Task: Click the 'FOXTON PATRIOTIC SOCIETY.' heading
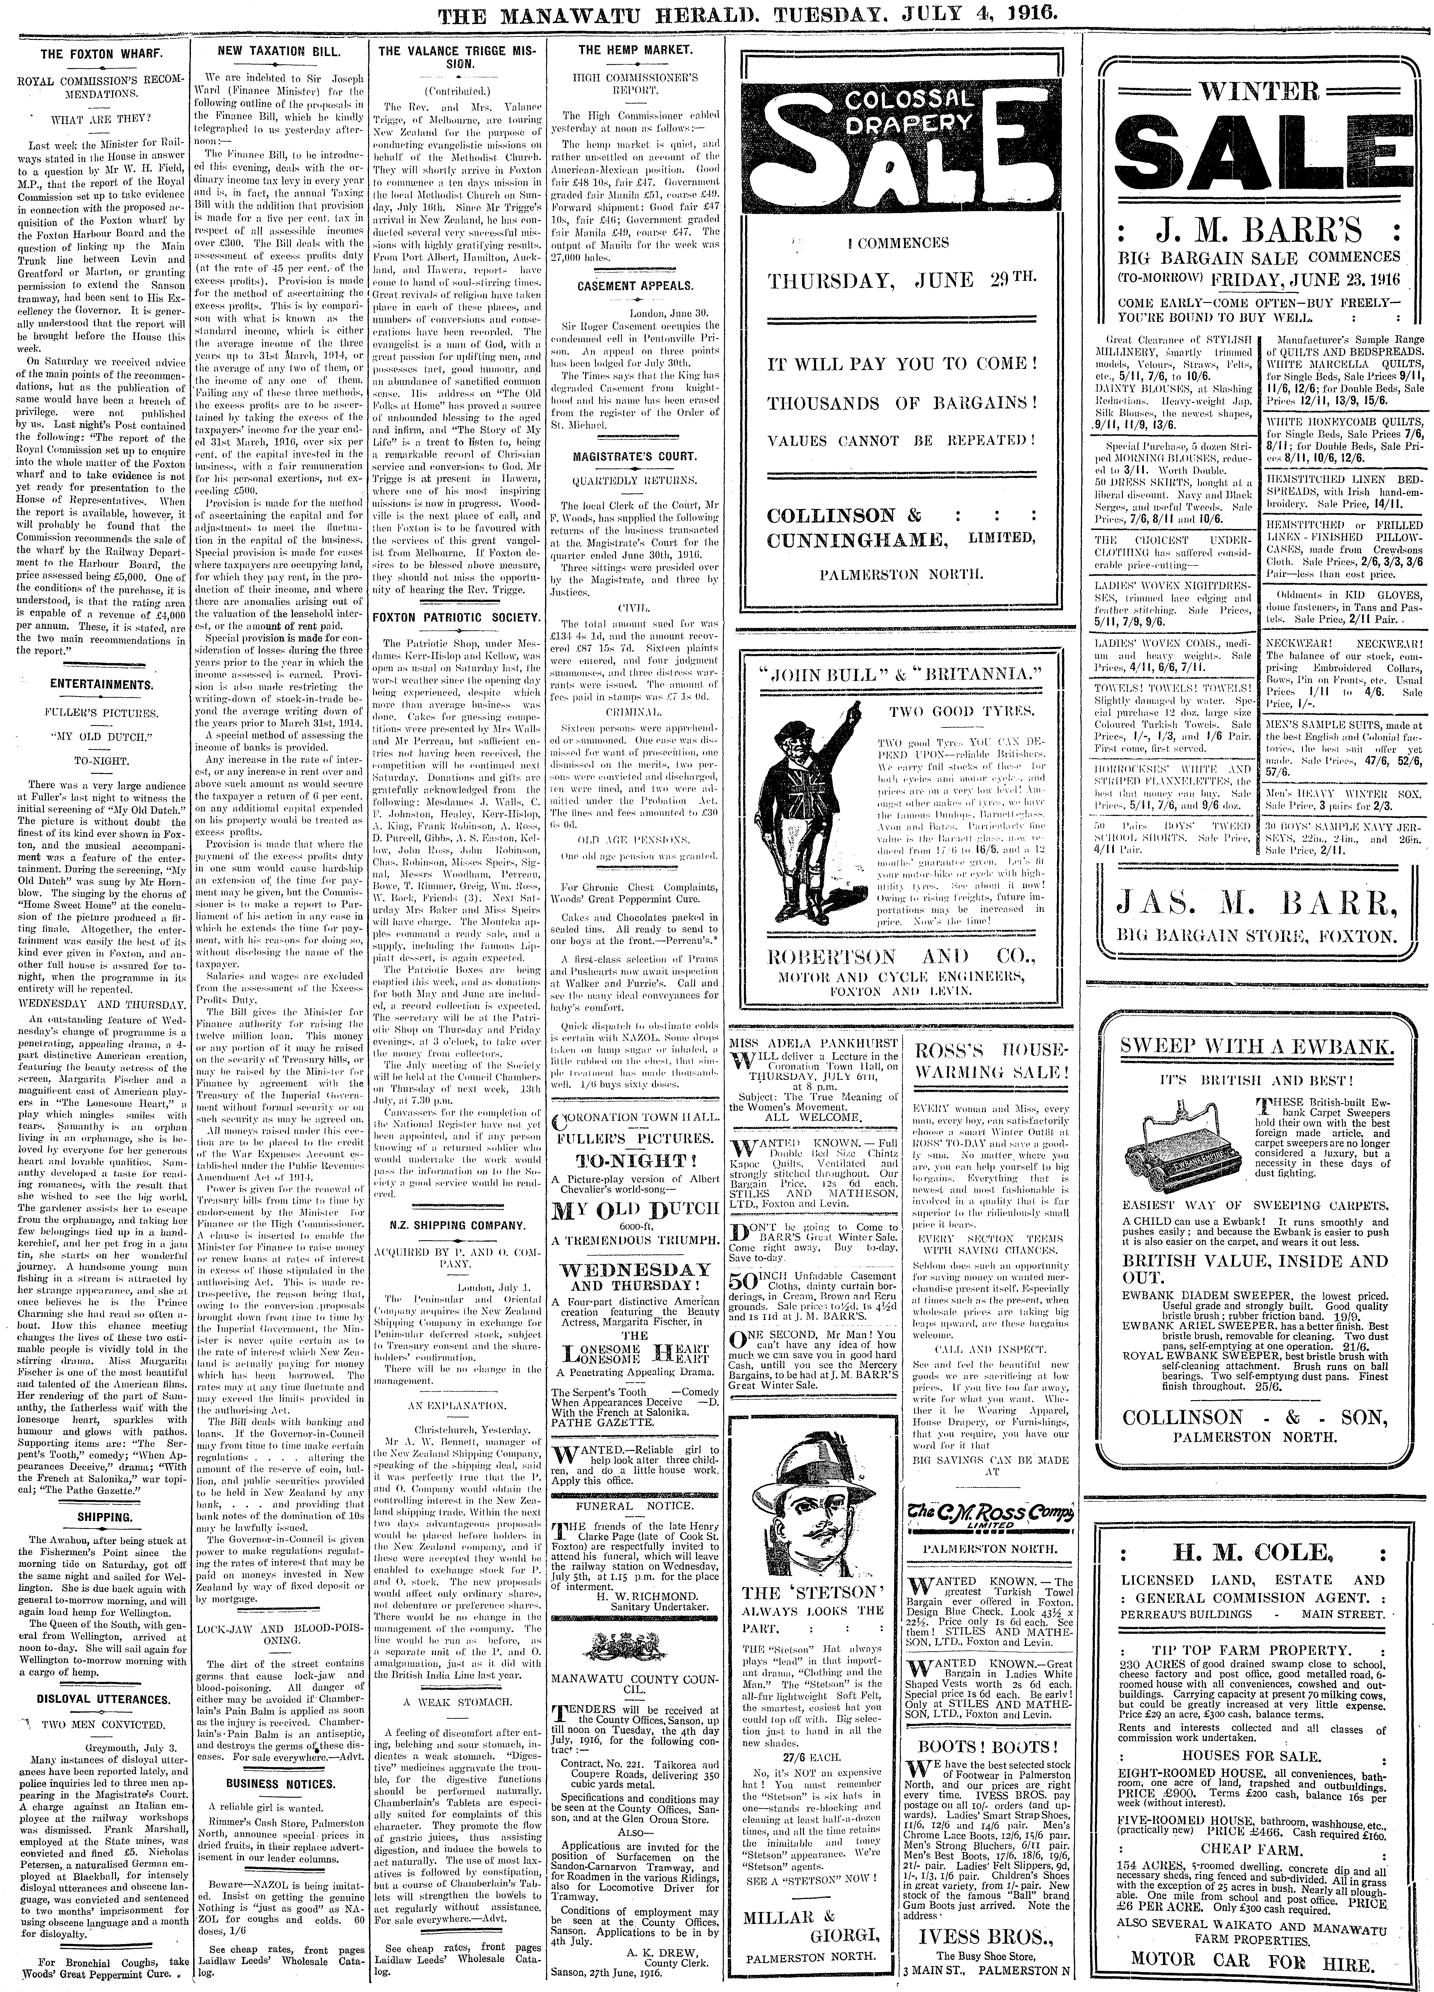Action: pyautogui.click(x=456, y=618)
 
